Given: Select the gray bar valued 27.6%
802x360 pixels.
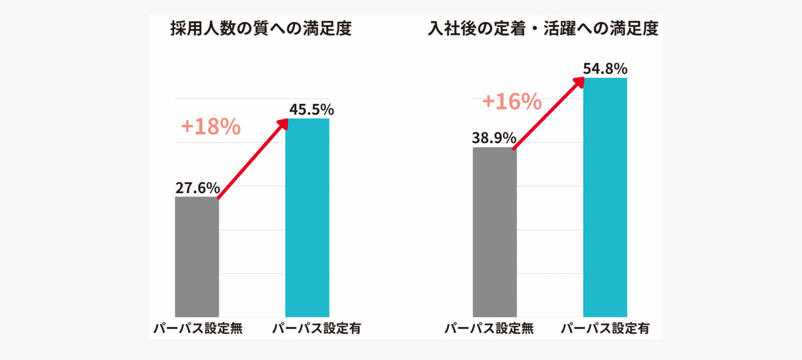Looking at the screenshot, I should pos(196,257).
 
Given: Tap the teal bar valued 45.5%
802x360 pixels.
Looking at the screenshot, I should pos(307,217).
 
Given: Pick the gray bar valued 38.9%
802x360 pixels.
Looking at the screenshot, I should pos(495,232).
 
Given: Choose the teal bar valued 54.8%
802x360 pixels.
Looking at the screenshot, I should pos(606,197).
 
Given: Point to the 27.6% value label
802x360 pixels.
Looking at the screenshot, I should pos(197,188).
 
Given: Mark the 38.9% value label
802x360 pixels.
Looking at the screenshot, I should pos(494,138).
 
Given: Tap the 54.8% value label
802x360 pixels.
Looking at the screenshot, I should pos(605,68).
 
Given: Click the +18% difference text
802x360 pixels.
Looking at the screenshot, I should pos(211,127).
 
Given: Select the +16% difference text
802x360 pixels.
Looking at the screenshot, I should pos(511,102).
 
